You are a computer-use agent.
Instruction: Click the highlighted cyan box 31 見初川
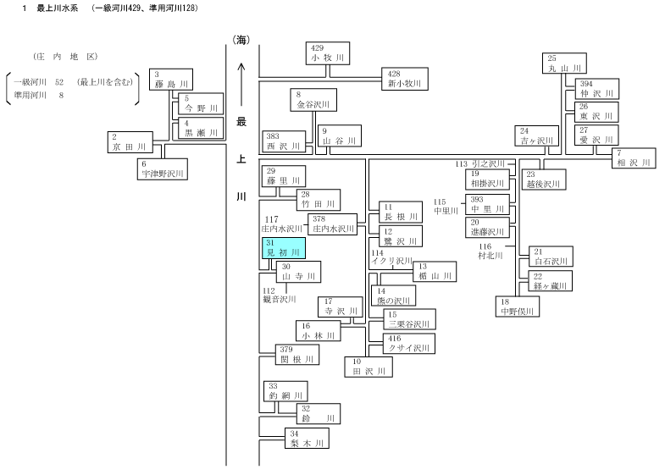(284, 248)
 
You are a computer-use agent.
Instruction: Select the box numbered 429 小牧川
(328, 53)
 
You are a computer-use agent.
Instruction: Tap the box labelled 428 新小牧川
(405, 79)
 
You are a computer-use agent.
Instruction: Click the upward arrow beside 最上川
(241, 85)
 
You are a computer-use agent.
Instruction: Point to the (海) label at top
(241, 41)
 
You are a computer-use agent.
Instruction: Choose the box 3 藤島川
(171, 80)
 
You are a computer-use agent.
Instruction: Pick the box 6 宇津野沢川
(163, 169)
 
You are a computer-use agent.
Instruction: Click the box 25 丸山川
(564, 64)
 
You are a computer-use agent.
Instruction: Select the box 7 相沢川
(634, 158)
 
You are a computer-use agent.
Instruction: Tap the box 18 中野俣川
(518, 307)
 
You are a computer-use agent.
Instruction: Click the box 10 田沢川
(369, 367)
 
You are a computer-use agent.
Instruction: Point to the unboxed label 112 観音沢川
(279, 295)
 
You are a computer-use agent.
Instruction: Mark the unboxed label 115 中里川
(446, 207)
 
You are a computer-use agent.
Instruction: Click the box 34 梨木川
(307, 439)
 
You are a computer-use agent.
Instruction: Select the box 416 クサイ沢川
(409, 344)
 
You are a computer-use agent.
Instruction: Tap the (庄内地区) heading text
(66, 57)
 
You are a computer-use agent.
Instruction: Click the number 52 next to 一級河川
(59, 82)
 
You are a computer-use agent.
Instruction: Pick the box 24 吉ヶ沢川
(537, 136)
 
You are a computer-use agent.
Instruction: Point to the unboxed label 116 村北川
(490, 251)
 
